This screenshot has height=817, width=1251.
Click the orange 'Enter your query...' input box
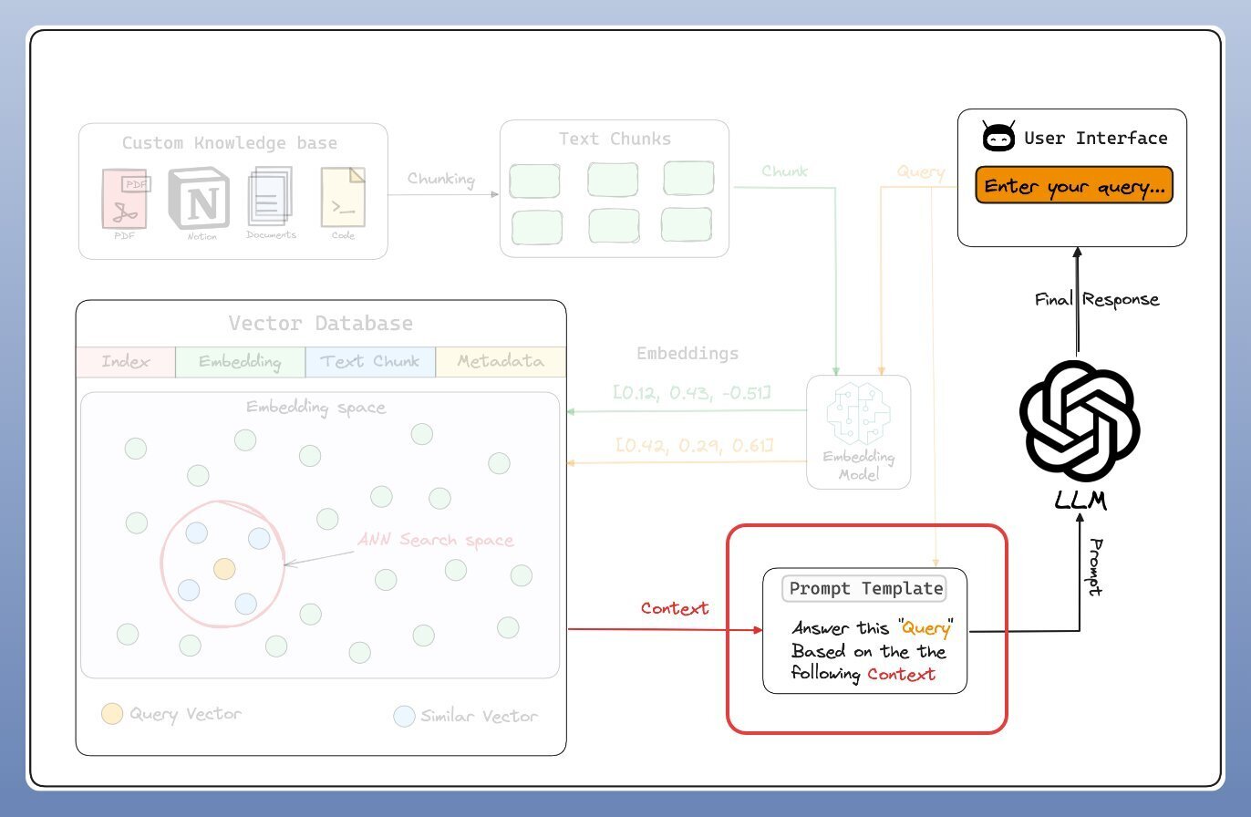pyautogui.click(x=1073, y=186)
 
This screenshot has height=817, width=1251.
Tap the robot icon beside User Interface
pyautogui.click(x=998, y=138)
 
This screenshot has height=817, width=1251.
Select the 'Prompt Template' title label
pyautogui.click(x=864, y=588)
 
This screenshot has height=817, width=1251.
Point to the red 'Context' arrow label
pyautogui.click(x=675, y=608)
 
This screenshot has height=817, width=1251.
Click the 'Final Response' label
pyautogui.click(x=1097, y=299)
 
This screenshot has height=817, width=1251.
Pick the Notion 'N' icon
pyautogui.click(x=200, y=199)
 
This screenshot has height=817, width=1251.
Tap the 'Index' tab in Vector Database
pyautogui.click(x=126, y=361)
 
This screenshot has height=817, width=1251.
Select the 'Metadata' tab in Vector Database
pyautogui.click(x=501, y=361)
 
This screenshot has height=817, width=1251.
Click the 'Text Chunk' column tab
pyautogui.click(x=370, y=361)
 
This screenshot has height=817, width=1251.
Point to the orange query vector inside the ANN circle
pyautogui.click(x=224, y=568)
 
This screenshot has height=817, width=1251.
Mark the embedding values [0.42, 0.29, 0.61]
pyautogui.click(x=695, y=445)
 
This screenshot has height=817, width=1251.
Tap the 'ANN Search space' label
pyautogui.click(x=435, y=540)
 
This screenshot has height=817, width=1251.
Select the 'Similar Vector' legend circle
pyautogui.click(x=404, y=716)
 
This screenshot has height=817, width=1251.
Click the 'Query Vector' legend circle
pyautogui.click(x=112, y=713)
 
